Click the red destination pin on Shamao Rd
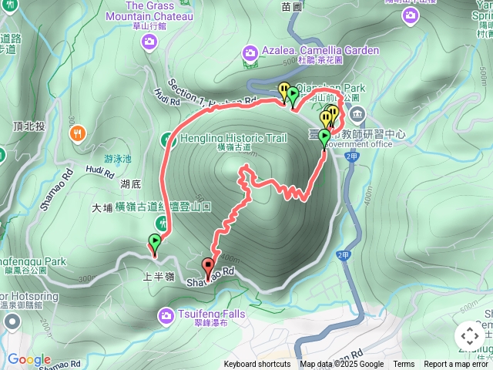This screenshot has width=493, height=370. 208,267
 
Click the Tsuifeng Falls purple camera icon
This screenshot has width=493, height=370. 166,315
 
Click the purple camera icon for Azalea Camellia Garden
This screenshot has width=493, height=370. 250,53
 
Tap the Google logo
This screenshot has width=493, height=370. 29,360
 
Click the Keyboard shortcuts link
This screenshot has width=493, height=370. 257,365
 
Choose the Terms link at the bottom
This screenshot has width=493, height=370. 404,365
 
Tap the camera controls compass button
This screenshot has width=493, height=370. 469,336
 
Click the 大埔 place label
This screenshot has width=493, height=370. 102,207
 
